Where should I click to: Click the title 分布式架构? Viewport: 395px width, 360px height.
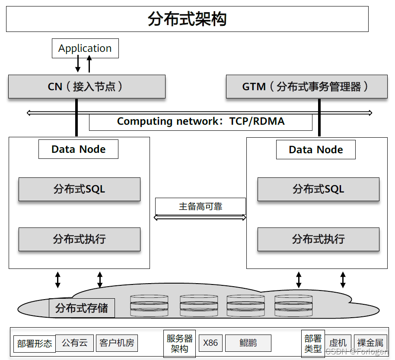(x=187, y=19)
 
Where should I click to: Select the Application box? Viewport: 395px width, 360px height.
(x=85, y=48)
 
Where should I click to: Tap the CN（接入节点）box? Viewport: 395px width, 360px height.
(x=86, y=86)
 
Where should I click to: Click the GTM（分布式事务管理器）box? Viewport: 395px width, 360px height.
(x=306, y=86)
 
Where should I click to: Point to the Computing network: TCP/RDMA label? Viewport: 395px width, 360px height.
(x=201, y=121)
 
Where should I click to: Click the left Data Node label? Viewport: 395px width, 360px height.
(x=78, y=149)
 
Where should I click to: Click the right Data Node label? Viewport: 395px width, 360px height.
(x=315, y=150)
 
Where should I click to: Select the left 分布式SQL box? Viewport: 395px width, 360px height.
(x=79, y=189)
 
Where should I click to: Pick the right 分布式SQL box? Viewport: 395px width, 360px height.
(x=318, y=189)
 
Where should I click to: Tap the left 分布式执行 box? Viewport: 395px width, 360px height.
(x=79, y=239)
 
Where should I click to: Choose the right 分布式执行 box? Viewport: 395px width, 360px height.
(x=318, y=239)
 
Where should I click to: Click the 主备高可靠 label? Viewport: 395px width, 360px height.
(x=200, y=206)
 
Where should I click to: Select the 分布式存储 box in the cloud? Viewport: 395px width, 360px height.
(x=82, y=308)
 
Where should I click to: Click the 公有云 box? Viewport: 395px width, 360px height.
(x=74, y=343)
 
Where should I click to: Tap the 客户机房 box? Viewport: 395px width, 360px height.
(x=117, y=343)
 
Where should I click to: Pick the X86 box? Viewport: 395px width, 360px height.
(x=210, y=343)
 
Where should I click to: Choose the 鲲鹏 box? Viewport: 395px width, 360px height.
(x=248, y=343)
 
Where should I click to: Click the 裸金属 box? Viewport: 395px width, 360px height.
(x=370, y=343)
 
